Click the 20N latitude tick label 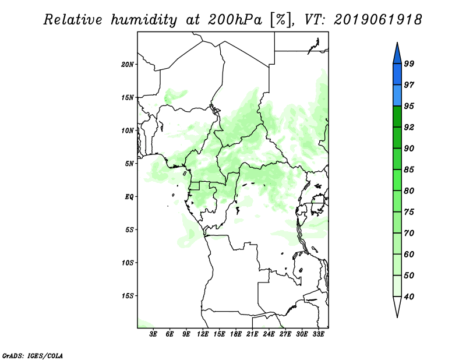(x=128, y=64)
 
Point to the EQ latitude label (x=129, y=197)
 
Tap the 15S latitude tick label (x=128, y=296)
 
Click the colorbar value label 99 (x=409, y=63)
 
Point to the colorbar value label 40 (x=409, y=297)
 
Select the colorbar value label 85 (x=409, y=170)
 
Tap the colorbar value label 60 (x=409, y=255)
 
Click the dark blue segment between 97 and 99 (x=397, y=74)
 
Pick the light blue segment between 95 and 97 (x=397, y=96)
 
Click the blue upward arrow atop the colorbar (x=397, y=53)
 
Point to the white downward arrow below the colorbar (x=397, y=306)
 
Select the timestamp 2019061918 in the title (x=377, y=20)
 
